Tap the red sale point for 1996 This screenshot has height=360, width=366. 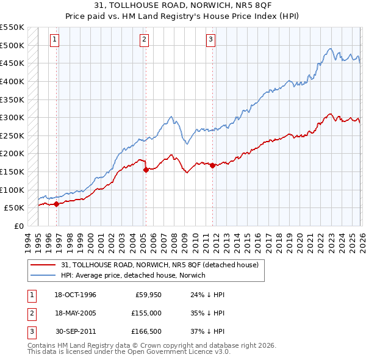tap(57, 204)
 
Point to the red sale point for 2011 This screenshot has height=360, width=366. tap(212, 165)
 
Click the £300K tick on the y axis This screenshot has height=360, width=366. tap(12, 117)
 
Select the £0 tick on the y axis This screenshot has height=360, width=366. tap(18, 226)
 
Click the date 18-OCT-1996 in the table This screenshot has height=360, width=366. tap(75, 295)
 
